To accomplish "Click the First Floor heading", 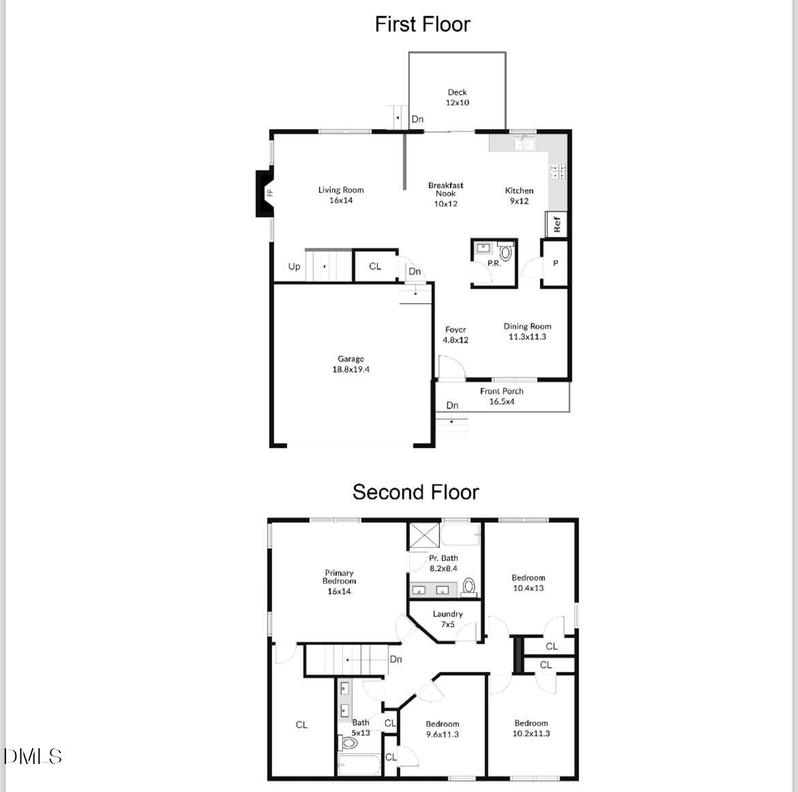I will pyautogui.click(x=422, y=25).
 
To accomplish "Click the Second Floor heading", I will pyautogui.click(x=415, y=492).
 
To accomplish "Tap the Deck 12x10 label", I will pyautogui.click(x=458, y=98).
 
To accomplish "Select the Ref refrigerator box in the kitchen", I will pyautogui.click(x=557, y=224).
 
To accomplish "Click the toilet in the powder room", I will pyautogui.click(x=505, y=253).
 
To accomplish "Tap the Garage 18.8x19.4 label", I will pyautogui.click(x=351, y=364).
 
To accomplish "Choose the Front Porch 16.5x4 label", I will pyautogui.click(x=501, y=396).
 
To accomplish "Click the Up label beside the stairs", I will pyautogui.click(x=294, y=266).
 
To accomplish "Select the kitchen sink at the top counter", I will pyautogui.click(x=524, y=143).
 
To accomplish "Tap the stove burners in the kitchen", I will pyautogui.click(x=558, y=171).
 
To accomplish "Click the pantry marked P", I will pyautogui.click(x=555, y=263).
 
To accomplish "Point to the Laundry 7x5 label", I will pyautogui.click(x=447, y=619).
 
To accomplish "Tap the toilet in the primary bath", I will pyautogui.click(x=469, y=586).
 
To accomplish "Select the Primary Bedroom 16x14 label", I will pyautogui.click(x=339, y=582).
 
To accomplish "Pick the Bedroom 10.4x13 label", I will pyautogui.click(x=528, y=582).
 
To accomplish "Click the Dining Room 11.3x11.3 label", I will pyautogui.click(x=527, y=331).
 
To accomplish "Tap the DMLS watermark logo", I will pyautogui.click(x=33, y=756).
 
